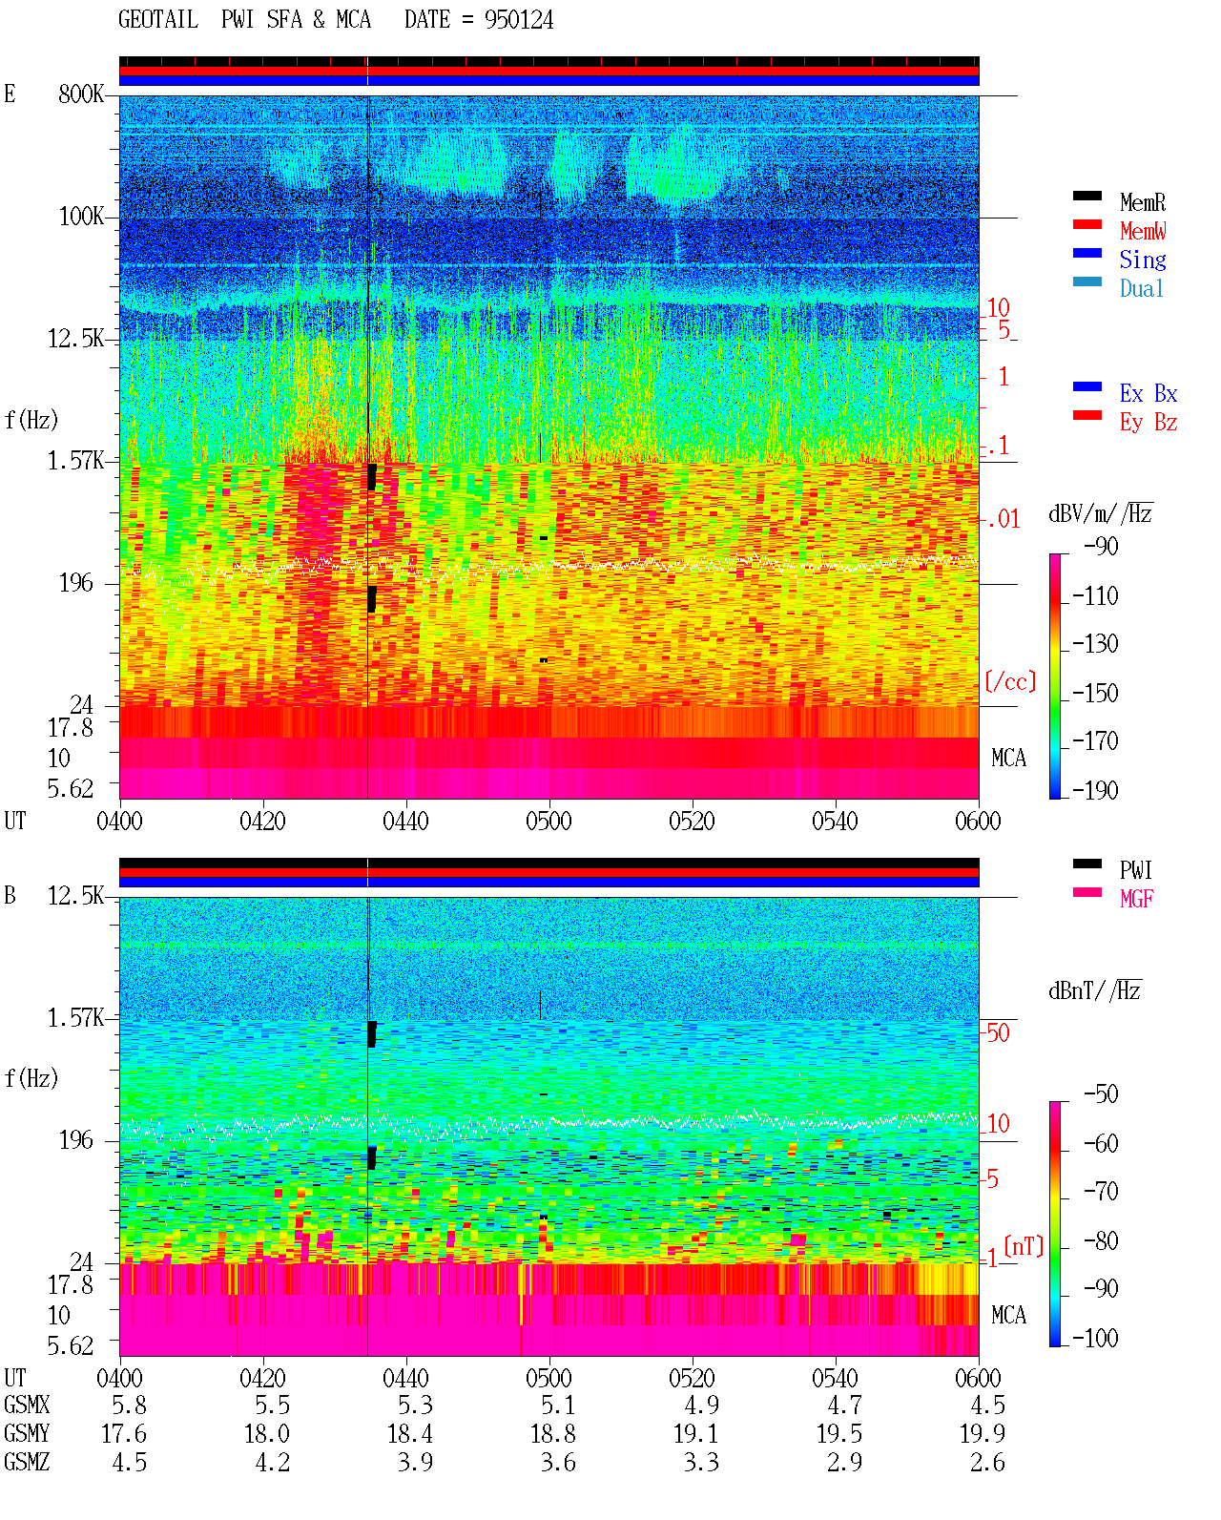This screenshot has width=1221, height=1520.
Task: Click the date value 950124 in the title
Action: click(x=518, y=20)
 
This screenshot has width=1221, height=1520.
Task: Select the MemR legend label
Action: click(x=1142, y=202)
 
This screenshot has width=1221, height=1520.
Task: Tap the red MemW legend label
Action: click(x=1142, y=231)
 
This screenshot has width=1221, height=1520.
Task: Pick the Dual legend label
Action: click(x=1141, y=288)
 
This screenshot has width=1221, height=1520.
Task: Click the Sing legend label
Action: click(x=1142, y=260)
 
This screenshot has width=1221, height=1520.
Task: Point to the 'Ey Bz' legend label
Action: click(x=1148, y=423)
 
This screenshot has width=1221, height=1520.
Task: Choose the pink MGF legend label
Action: click(x=1136, y=899)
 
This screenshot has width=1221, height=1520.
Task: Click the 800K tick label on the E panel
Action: click(x=81, y=94)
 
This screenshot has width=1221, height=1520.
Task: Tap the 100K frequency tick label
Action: click(x=81, y=217)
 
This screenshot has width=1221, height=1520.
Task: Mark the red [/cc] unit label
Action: click(x=1010, y=681)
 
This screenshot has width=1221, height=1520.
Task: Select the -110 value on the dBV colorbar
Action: click(x=1095, y=596)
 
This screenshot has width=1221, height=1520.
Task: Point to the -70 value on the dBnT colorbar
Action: click(x=1101, y=1192)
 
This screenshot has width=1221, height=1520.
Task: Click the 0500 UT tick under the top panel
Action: click(x=548, y=821)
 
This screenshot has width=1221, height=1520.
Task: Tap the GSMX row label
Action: click(x=27, y=1405)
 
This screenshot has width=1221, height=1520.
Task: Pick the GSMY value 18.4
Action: click(x=410, y=1434)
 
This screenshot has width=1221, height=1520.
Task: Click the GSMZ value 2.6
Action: click(x=987, y=1462)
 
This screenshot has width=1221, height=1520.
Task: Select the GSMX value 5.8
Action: click(x=129, y=1405)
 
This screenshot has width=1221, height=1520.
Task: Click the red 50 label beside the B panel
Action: click(x=998, y=1032)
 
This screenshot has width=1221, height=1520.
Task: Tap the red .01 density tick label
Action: click(x=1003, y=520)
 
